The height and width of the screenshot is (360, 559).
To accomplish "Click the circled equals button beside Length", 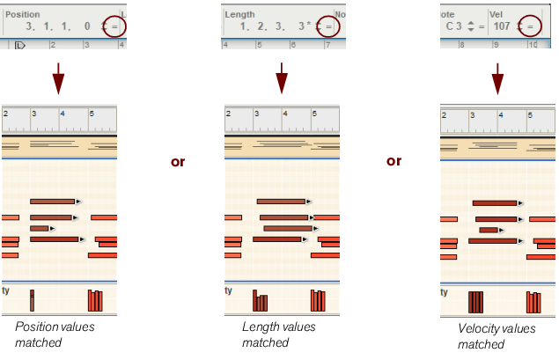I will [x=328, y=27].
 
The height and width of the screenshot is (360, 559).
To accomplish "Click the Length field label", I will [x=239, y=15].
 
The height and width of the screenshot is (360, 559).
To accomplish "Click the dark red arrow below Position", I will [x=58, y=78].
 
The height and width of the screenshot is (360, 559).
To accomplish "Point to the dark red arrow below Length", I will [x=281, y=78].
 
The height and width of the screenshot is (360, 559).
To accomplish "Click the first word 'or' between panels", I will [x=177, y=162].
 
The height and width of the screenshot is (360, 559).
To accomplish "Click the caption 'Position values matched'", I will [x=55, y=334].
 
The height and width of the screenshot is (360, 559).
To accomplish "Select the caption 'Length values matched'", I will [x=278, y=334].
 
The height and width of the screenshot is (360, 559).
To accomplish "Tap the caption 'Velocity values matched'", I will [x=496, y=336].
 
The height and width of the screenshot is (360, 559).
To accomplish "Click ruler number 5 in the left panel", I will [x=92, y=114].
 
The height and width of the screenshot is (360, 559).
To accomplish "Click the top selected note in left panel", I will [x=52, y=202].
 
